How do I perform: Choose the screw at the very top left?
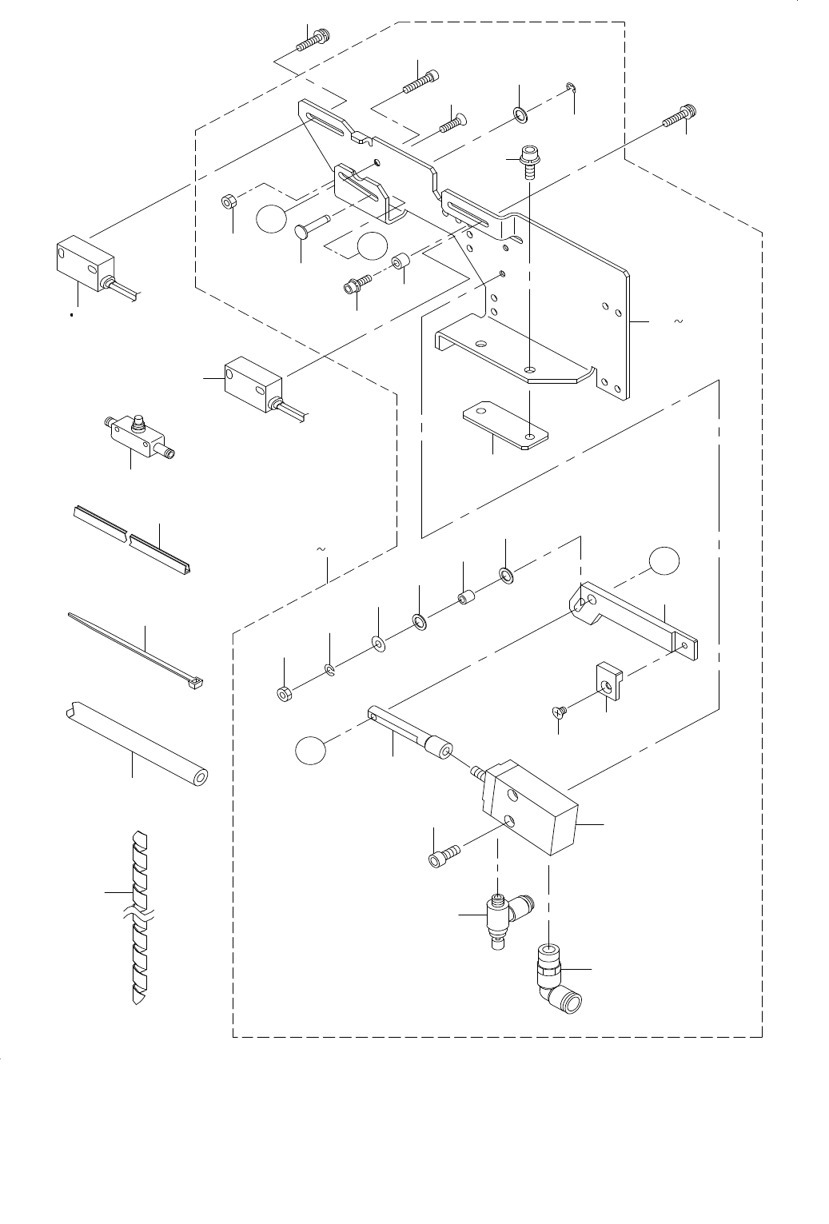pos(313,40)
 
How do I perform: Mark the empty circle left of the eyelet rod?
pos(311,752)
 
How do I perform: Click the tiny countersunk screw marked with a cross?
pos(560,710)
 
